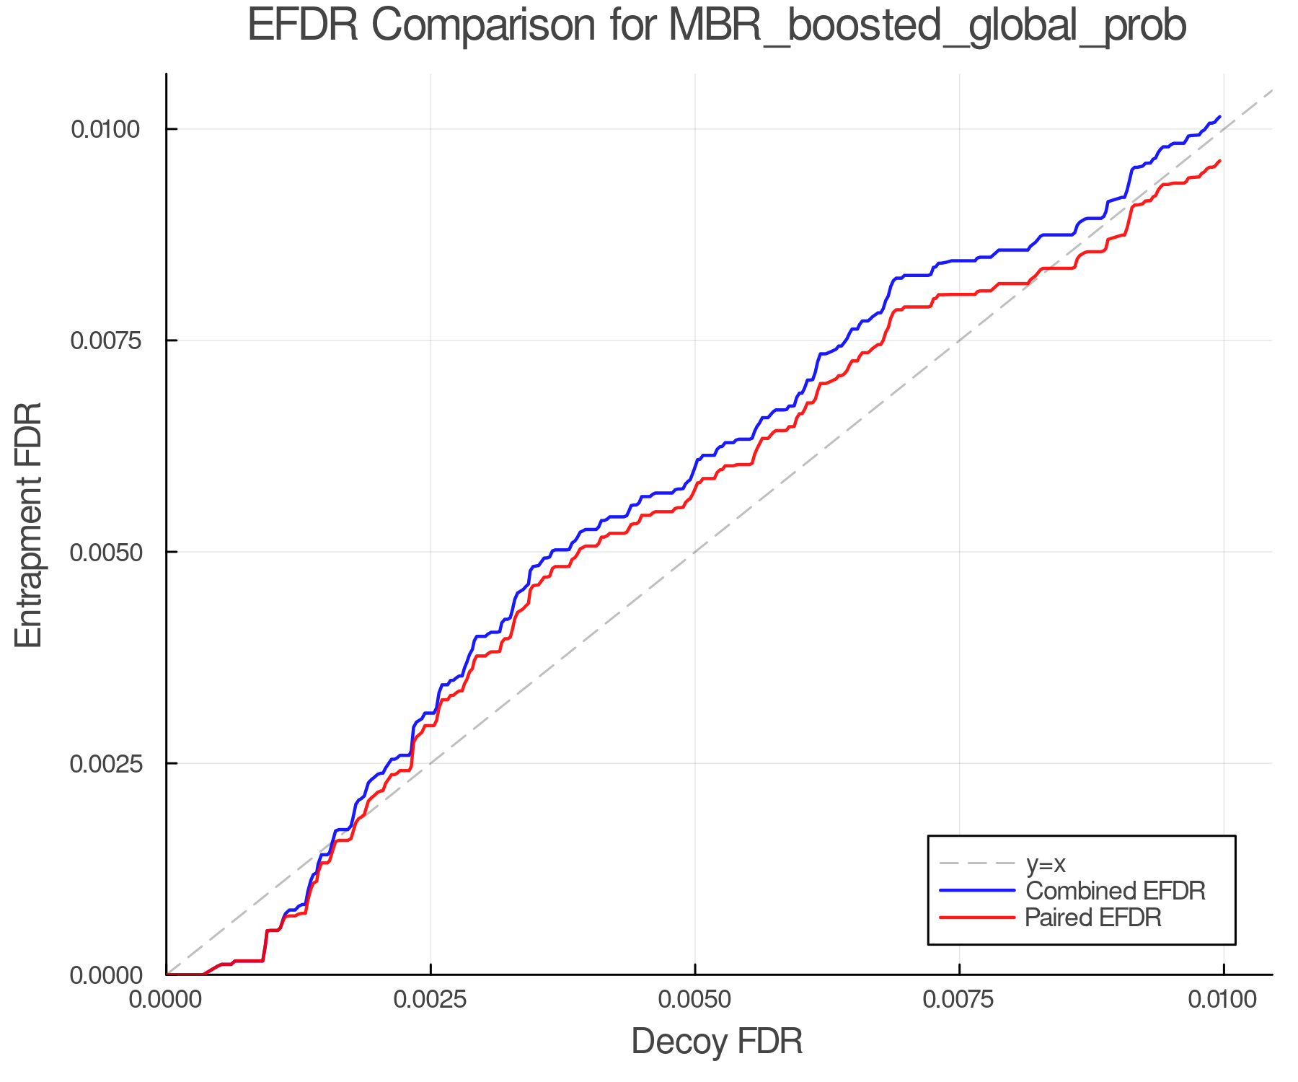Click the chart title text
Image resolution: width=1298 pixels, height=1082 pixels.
coord(717,26)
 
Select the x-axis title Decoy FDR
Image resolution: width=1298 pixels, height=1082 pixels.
coord(717,1042)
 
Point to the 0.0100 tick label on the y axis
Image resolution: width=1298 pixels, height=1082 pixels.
coord(105,129)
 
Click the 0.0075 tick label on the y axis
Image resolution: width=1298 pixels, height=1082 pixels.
coord(105,340)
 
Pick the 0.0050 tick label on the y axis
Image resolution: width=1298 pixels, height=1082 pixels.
coord(105,552)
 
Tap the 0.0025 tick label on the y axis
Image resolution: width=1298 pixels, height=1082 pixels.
coord(105,763)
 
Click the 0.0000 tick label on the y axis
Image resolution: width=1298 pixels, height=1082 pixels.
coord(105,975)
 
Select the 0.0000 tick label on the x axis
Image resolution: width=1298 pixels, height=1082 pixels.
coord(167,1000)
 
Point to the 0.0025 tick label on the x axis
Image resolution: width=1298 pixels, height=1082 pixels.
coord(431,1000)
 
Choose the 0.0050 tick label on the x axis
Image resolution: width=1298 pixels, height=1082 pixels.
coord(694,1000)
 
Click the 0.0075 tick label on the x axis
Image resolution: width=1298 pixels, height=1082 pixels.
coord(959,1000)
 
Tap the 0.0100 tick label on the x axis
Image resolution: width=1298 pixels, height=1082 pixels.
coord(1223,1000)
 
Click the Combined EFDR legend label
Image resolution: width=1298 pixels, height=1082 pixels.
coord(1115,891)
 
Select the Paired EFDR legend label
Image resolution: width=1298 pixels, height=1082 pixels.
coord(1093,918)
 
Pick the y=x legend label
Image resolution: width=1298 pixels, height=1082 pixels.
coord(1046,863)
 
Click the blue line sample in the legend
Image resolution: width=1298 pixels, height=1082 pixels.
coord(977,891)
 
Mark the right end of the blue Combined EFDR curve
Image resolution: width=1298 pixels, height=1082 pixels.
coord(1219,116)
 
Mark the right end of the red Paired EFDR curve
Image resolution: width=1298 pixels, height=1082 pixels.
coord(1219,161)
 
